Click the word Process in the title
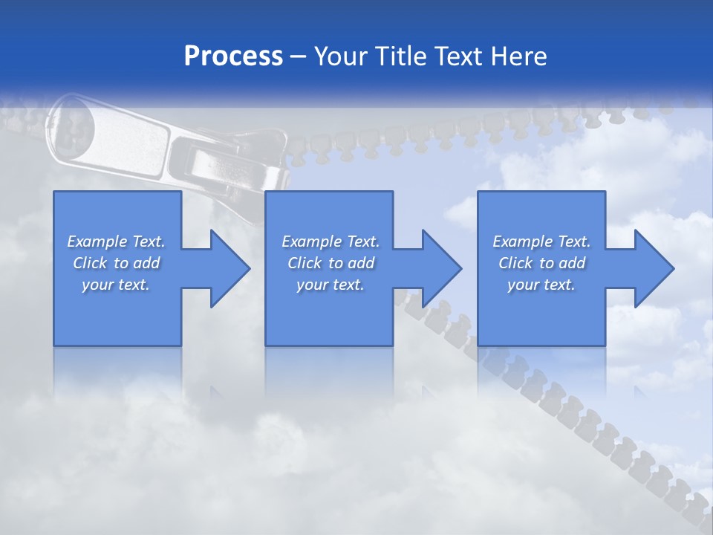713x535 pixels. pyautogui.click(x=233, y=56)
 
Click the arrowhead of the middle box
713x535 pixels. pyautogui.click(x=440, y=268)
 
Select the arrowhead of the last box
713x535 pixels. pyautogui.click(x=653, y=268)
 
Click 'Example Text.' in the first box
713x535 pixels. pyautogui.click(x=116, y=241)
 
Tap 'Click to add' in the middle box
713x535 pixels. pyautogui.click(x=331, y=263)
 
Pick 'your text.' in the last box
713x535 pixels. pyautogui.click(x=541, y=285)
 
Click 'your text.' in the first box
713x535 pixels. pyautogui.click(x=116, y=285)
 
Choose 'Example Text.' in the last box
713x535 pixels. pyautogui.click(x=541, y=241)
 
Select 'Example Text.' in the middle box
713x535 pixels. pyautogui.click(x=331, y=241)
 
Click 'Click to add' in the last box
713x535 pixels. pyautogui.click(x=541, y=263)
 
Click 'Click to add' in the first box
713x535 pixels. pyautogui.click(x=116, y=263)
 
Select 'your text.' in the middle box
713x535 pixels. pyautogui.click(x=331, y=285)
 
